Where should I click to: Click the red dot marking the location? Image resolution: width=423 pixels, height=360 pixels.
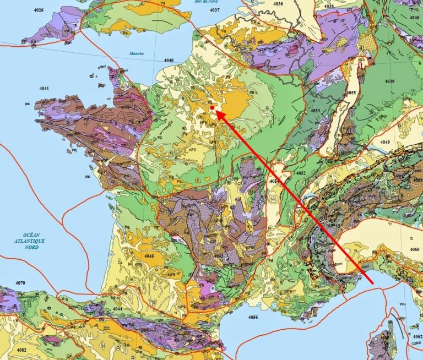click(212, 108)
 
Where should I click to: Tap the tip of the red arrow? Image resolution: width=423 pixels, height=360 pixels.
click(216, 112)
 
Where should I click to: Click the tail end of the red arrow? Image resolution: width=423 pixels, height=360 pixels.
click(373, 283)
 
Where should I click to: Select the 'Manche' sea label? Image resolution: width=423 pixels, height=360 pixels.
click(136, 54)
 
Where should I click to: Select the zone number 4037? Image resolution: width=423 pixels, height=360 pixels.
click(214, 10)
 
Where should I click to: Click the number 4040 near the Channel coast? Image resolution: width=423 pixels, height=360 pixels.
click(169, 61)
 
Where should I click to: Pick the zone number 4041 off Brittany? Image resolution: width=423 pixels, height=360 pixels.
click(44, 88)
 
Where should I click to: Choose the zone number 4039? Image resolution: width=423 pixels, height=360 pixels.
click(389, 81)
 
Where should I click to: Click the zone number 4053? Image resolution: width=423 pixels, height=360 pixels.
click(315, 111)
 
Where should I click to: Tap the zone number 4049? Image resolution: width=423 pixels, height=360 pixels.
click(384, 143)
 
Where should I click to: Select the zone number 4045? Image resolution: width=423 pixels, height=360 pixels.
click(148, 256)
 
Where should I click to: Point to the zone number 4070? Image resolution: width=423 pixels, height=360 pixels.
click(20, 283)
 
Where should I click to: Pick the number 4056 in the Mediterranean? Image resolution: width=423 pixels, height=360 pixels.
click(253, 317)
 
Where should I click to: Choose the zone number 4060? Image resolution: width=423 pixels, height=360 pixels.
click(414, 249)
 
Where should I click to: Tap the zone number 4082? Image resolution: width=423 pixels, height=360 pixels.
click(21, 350)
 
